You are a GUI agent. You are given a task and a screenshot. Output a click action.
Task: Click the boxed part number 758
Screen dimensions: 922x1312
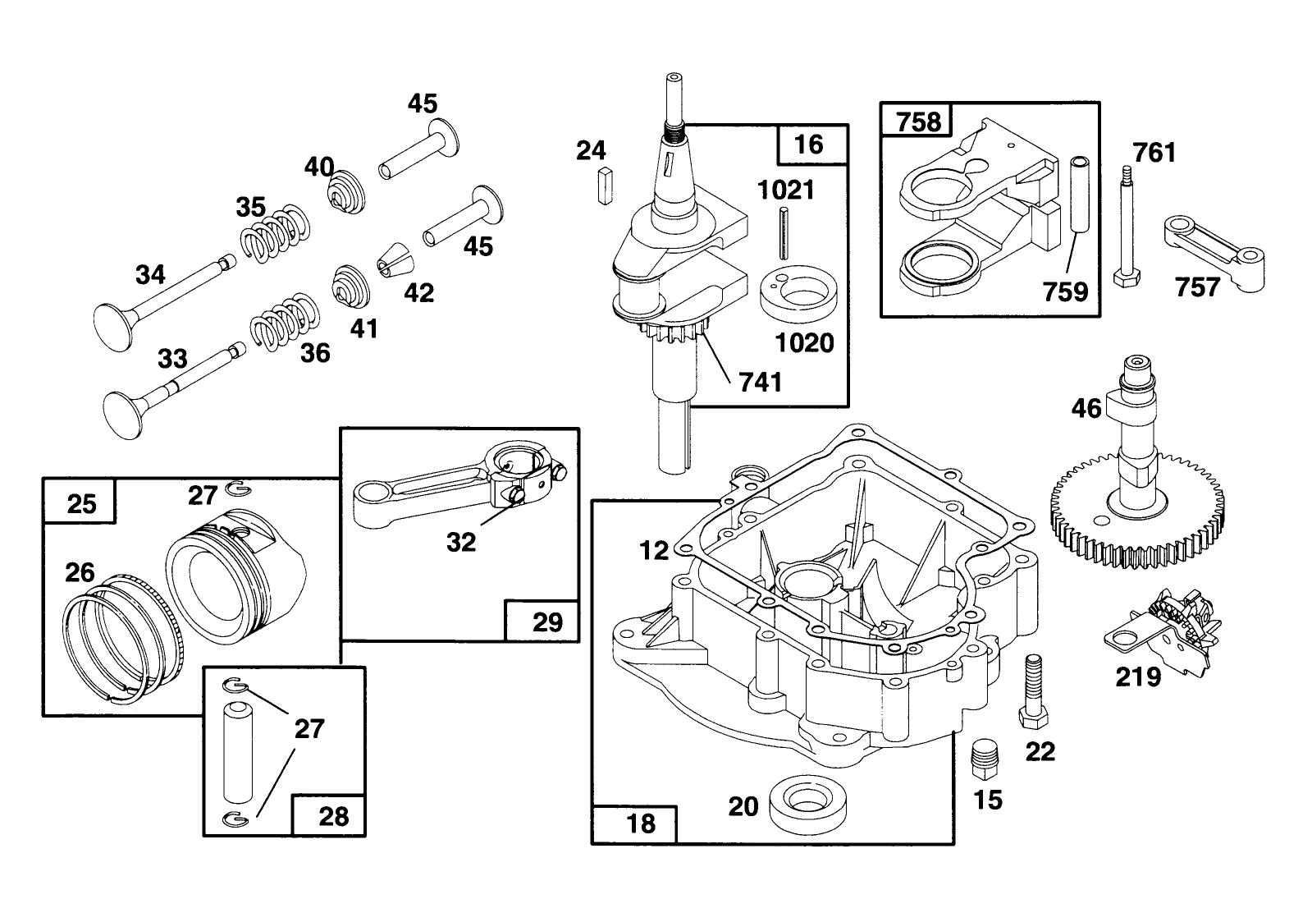coord(918,122)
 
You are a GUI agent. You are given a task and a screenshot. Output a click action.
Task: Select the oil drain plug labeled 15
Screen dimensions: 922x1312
coord(983,759)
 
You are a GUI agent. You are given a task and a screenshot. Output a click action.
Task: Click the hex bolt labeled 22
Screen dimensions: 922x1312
coord(1031,690)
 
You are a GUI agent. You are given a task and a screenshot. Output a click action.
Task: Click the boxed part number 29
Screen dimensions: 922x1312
coord(547,622)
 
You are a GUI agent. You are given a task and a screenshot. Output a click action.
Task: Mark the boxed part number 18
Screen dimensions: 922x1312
coord(641,822)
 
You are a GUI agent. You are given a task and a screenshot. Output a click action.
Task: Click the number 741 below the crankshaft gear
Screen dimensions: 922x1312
coord(761,381)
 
